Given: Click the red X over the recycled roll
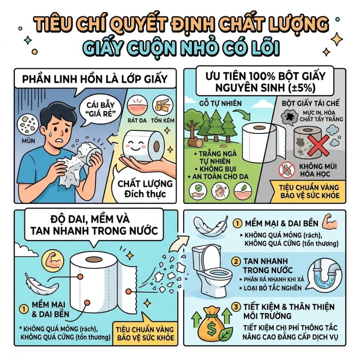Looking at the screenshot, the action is point(319,145).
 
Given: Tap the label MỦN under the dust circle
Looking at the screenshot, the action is point(28,140).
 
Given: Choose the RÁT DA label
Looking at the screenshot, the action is point(137,120).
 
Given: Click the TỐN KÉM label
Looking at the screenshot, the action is point(162,120).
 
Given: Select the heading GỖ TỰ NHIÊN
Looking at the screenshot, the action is point(220,103).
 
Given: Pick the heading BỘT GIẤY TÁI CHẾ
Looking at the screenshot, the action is point(310,103).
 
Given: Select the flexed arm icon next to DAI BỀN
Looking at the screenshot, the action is point(330,221).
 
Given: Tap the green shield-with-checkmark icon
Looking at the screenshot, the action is point(198,190).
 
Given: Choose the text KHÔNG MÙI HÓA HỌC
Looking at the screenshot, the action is point(318,170).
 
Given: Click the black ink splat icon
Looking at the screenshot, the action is point(290,116).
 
